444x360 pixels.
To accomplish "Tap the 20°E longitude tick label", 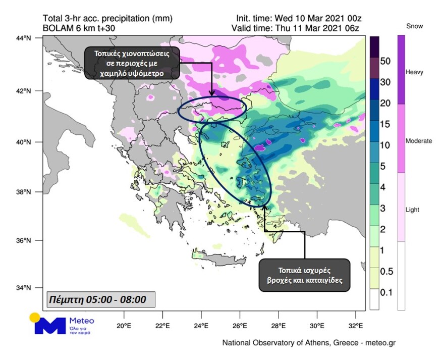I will coord(124,325).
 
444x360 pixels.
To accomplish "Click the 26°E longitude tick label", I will coord(240,325).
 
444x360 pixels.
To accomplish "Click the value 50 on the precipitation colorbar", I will coord(385,61).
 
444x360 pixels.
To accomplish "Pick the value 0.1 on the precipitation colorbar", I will coord(386,292).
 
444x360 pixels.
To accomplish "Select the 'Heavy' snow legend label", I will coord(415,72).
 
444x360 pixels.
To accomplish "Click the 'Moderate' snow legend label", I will coord(419,141).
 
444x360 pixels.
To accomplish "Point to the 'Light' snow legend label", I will coord(413,210).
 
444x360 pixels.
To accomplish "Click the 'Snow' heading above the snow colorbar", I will coord(414,26).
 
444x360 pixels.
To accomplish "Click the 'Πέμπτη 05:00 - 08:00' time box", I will coord(100,299).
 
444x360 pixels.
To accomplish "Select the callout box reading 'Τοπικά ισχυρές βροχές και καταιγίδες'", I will coord(304,275).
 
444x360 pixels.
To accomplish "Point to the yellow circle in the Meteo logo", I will coord(34,318).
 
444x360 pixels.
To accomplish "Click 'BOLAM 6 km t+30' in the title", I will coord(79,28).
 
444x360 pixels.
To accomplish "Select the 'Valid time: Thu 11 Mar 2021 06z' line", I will coord(296,28).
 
